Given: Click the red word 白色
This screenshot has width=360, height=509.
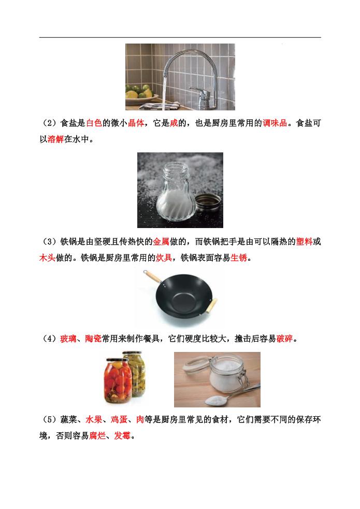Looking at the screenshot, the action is point(94,123).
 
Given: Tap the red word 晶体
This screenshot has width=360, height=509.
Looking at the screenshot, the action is point(136,123).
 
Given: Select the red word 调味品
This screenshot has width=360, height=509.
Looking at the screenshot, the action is point(275,123).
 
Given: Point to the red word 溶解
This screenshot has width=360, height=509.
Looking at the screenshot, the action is point(56,139).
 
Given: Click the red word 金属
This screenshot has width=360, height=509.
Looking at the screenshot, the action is point(161,242).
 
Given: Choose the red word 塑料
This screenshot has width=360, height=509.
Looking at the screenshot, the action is point(304,242).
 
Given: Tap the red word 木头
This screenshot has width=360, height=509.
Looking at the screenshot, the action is point(47,258).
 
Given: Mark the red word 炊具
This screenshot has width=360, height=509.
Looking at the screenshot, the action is point(164,258).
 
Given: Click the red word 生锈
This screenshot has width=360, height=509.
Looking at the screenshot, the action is point(239,258).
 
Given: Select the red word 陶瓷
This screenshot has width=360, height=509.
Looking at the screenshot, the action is point(93,338).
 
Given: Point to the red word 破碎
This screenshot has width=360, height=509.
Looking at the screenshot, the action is point(285,338).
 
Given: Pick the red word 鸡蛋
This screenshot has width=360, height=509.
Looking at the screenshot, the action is point(119,419).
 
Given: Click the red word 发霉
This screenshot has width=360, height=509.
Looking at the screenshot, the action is point(122,435).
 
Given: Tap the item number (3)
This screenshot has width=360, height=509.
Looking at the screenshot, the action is point(50,242).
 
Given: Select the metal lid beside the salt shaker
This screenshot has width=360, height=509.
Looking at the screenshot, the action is point(208,203).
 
